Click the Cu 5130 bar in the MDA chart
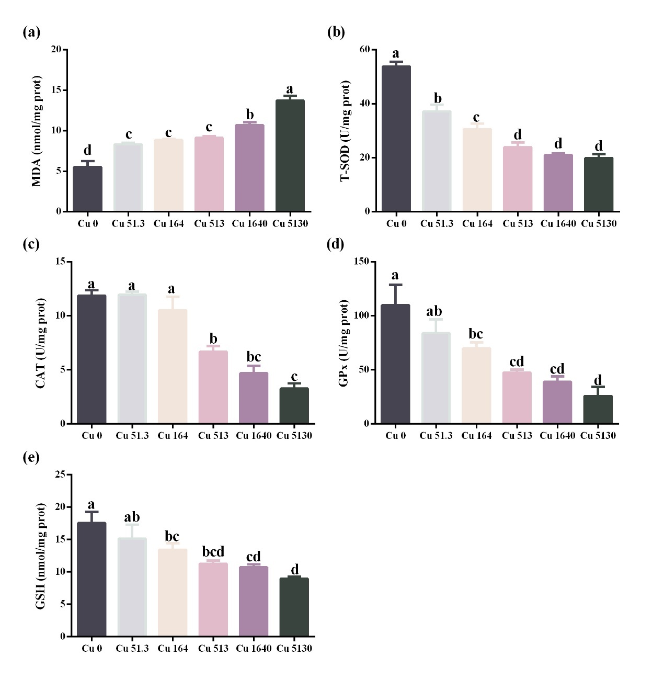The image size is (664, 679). point(290,155)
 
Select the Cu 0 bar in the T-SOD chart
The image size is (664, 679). point(396,139)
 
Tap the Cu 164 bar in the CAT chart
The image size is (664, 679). point(173,366)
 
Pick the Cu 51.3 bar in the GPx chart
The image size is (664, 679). point(436,378)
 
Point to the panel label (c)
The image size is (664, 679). point(31,244)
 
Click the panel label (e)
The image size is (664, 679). point(31,458)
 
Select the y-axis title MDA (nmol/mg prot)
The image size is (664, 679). point(37,131)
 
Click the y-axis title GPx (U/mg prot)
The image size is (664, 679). point(344,343)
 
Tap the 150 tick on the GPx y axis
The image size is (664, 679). point(362,262)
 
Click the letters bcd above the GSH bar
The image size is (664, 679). point(213,551)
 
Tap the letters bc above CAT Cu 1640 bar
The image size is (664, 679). point(254,357)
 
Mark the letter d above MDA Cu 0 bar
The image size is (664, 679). point(87,151)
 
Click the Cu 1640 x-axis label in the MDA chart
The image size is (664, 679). point(249,224)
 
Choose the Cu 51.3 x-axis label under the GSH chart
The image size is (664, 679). point(132,649)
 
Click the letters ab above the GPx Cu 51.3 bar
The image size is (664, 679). point(434,312)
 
